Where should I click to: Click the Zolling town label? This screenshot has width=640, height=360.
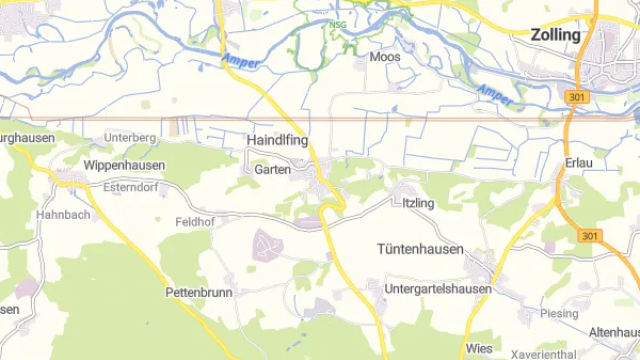pos(557,35)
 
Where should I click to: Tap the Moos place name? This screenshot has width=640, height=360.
pos(385,57)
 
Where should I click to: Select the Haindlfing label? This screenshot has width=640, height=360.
pos(277,141)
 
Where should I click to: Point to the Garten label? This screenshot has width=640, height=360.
pos(273,170)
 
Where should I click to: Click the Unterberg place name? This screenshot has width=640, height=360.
pos(131,137)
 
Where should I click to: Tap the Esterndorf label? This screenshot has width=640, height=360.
pos(131,186)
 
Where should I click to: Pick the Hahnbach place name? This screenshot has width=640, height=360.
pos(63,214)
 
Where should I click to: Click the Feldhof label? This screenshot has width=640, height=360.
pos(195,221)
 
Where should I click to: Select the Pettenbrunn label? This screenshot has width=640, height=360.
pos(199,293)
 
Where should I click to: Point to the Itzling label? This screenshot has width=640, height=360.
pos(418,203)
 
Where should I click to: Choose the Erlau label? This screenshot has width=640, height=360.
pos(579,163)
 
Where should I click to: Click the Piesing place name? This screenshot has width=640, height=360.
pos(559,313)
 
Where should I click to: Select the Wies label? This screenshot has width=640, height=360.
pos(479,349)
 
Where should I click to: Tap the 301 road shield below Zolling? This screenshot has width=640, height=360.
pos(575,97)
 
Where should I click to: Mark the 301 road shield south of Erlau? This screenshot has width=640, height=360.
pos(589,234)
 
